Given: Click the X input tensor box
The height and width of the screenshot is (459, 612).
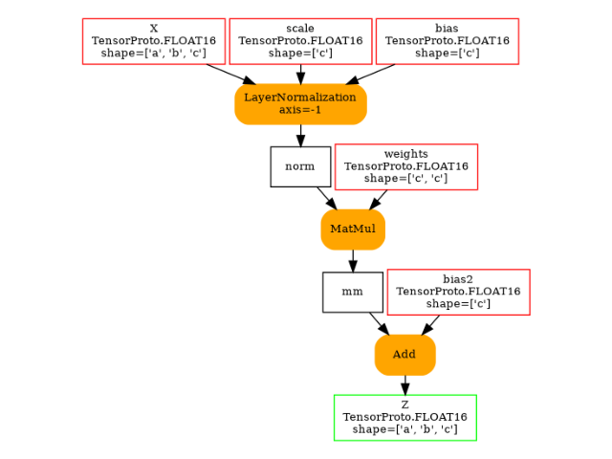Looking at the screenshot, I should [154, 41].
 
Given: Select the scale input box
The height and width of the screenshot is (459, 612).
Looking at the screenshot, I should [300, 41].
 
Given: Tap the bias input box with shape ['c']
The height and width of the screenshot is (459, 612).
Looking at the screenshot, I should [448, 41].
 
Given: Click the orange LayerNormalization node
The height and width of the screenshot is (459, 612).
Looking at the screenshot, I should [300, 104].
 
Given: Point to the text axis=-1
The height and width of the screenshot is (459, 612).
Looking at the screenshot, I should [300, 110].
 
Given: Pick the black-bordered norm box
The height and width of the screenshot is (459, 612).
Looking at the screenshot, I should [300, 166].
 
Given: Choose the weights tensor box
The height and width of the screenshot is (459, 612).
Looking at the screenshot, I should [406, 166].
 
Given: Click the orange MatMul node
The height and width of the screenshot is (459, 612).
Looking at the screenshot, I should [353, 229].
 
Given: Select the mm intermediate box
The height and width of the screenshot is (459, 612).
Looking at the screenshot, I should [353, 292].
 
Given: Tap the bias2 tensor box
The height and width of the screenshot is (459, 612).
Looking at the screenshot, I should [458, 292].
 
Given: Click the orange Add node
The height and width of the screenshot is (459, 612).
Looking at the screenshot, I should [404, 355].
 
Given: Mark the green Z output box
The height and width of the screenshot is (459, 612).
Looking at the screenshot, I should [404, 418].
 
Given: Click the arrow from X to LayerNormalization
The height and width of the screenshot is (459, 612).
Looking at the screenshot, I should [230, 75].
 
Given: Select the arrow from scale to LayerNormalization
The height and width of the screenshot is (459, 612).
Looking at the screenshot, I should [300, 74].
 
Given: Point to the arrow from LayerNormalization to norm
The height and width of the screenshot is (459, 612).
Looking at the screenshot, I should [300, 135].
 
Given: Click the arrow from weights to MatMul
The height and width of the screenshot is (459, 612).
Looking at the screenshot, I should [379, 199].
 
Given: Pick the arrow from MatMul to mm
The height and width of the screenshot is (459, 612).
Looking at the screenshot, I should [353, 260].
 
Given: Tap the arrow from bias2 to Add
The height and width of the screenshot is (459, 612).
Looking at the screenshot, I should [431, 324].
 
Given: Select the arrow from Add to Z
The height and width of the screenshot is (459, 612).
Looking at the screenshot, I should [404, 384].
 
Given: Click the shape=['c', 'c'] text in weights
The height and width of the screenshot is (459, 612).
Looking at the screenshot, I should [406, 179].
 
